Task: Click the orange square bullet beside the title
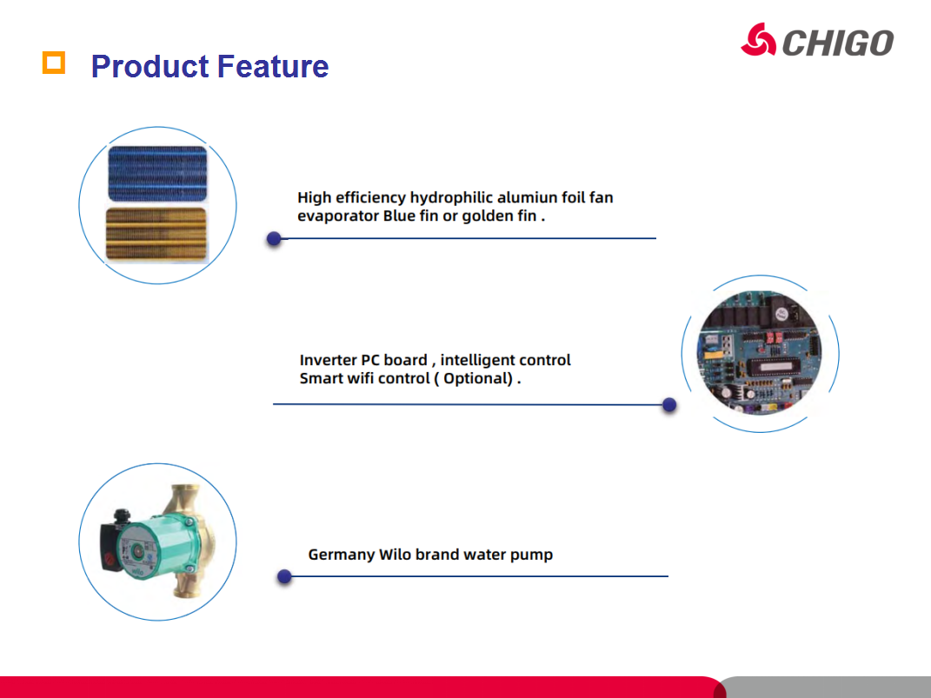point(53,63)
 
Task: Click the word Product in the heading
point(150,66)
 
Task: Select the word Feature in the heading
point(273,66)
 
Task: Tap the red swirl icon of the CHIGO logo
point(758,40)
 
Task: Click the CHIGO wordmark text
point(838,43)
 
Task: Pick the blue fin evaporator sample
point(157,173)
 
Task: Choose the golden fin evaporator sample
point(156,234)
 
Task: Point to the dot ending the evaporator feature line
point(274,238)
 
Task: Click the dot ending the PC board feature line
point(669,405)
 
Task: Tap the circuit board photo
point(760,353)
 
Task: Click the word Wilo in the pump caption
point(395,555)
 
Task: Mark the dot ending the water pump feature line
point(284,576)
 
